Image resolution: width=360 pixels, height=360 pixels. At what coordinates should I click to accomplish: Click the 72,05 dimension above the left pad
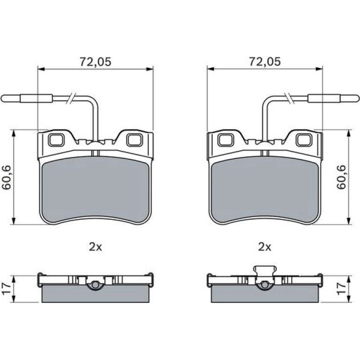95,62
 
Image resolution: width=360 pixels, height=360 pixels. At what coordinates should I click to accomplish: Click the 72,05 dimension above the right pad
265,62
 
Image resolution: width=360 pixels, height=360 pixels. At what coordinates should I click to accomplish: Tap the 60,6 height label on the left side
7,177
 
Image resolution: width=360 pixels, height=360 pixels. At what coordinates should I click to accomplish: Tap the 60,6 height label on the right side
341,177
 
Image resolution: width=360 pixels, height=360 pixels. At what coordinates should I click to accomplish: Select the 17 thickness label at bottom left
6,288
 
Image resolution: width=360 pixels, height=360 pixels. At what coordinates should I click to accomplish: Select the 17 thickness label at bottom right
341,288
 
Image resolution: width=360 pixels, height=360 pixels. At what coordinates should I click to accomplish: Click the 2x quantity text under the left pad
95,247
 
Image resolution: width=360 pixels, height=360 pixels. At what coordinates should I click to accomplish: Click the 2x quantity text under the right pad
265,247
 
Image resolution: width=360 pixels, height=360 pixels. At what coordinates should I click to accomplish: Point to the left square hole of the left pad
56,140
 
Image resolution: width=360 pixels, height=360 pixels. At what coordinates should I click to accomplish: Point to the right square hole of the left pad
134,140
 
